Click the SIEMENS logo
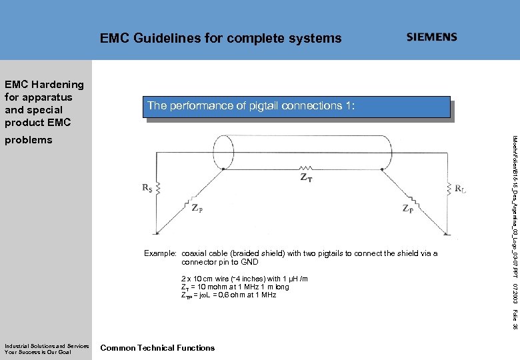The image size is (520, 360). tap(432, 37)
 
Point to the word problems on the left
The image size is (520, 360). tap(28, 140)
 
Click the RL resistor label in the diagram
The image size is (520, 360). tap(460, 188)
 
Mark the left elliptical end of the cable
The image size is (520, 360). tap(222, 152)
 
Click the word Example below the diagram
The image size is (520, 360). tap(160, 253)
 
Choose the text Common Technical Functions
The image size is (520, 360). tap(157, 347)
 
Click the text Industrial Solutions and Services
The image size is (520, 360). tap(47, 345)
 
